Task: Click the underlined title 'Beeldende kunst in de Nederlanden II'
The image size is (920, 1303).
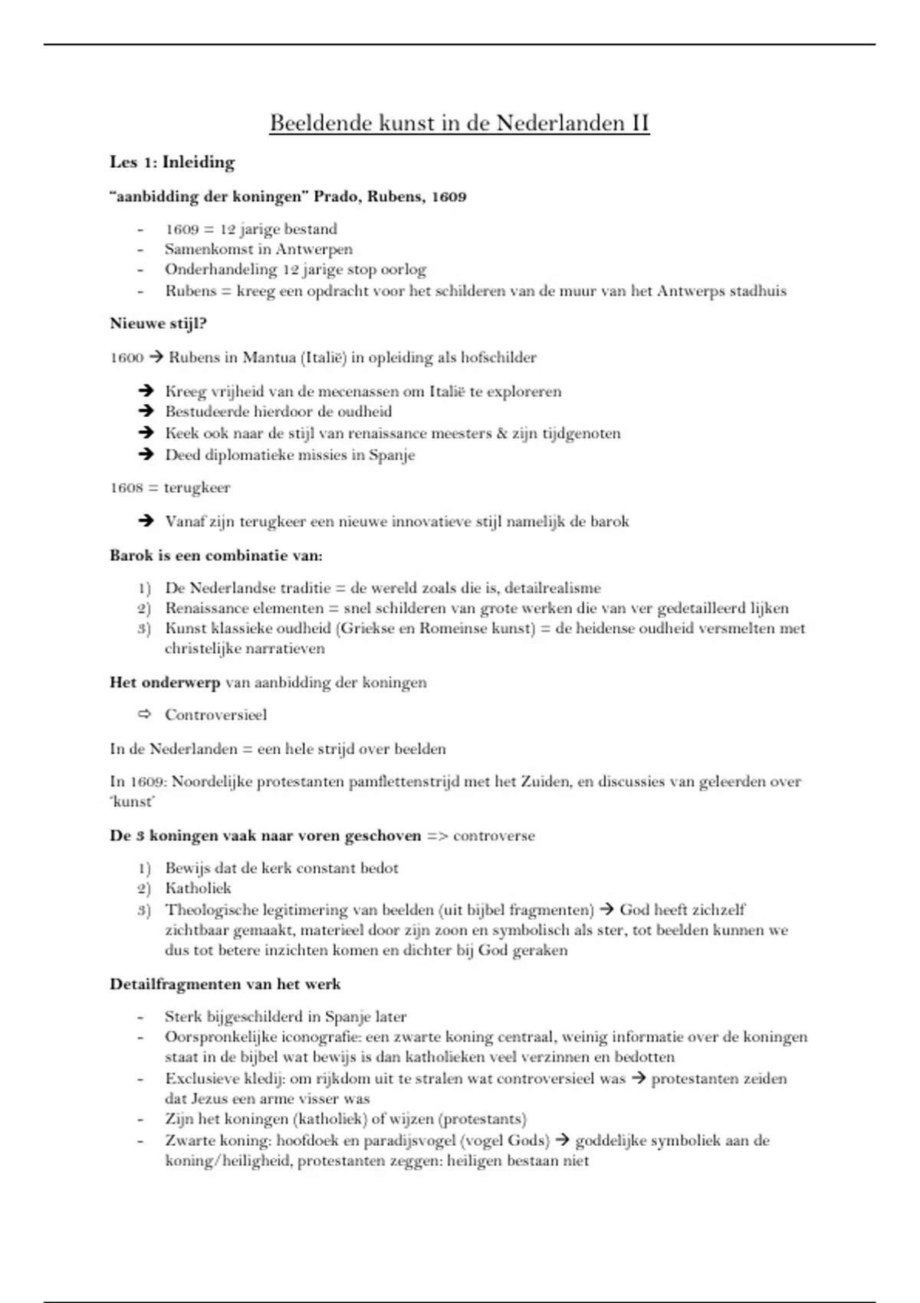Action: point(459,123)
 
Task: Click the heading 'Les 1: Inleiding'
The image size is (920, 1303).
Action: point(172,162)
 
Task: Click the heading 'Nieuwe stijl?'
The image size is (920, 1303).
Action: point(158,323)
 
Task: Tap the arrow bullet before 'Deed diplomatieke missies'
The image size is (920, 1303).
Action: point(146,455)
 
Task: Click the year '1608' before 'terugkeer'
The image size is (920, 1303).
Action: point(127,487)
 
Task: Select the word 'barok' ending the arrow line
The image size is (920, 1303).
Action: point(609,522)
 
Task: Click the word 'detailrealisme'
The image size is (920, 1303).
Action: point(553,589)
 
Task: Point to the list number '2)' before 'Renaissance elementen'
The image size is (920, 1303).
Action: point(144,609)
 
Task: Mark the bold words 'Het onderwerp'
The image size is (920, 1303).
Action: point(164,682)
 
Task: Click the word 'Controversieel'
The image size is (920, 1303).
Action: point(215,715)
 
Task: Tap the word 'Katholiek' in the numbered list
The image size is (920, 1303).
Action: point(198,888)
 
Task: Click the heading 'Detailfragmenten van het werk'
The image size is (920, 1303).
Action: point(225,984)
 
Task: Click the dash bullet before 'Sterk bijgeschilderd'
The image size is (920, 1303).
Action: point(140,1018)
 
